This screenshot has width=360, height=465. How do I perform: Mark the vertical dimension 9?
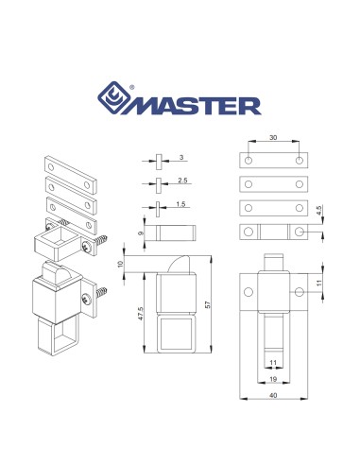click(140, 231)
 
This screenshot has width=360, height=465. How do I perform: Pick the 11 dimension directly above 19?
click(273, 360)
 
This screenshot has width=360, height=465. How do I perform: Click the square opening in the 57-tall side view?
click(176, 336)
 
